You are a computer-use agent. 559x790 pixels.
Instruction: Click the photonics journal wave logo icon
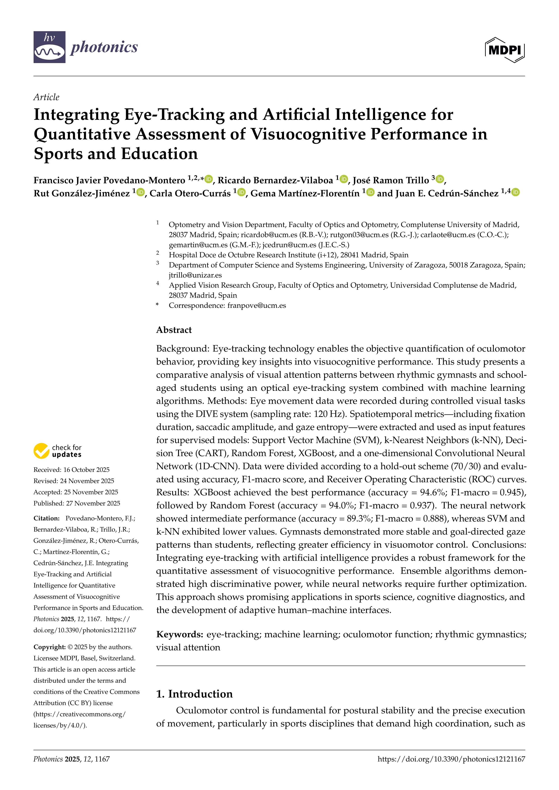point(49,47)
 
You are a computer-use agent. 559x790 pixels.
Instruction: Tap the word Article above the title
point(46,97)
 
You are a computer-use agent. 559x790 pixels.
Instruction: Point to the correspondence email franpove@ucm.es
point(257,305)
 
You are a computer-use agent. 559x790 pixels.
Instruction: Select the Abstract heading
point(174,330)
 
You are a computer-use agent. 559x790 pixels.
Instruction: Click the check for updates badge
point(57,451)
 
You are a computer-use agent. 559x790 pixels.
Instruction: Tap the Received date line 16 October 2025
point(71,470)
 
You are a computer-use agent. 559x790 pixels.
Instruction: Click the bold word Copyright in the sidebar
point(49,647)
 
